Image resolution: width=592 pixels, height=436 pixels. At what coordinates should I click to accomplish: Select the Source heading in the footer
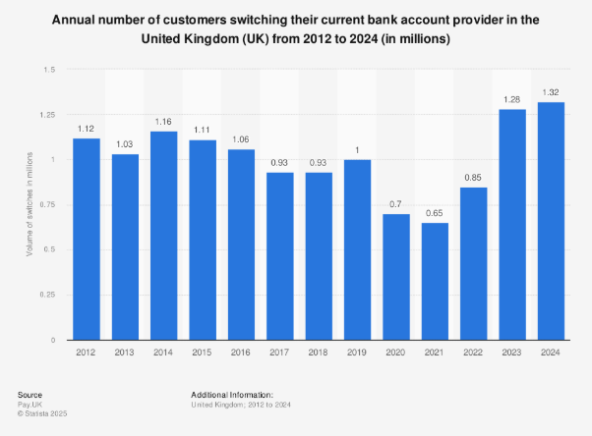click(30, 394)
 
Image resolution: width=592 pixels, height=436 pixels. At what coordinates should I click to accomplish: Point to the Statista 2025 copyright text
click(42, 411)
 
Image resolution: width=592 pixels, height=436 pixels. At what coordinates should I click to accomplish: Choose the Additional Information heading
click(232, 394)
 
